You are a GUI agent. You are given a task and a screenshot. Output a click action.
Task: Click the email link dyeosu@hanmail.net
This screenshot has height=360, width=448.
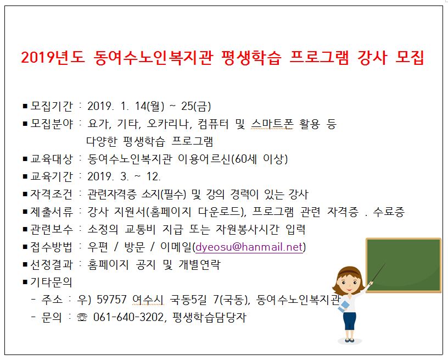coord(249,247)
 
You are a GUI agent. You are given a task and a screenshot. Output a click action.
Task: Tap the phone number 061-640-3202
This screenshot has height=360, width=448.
coord(128,317)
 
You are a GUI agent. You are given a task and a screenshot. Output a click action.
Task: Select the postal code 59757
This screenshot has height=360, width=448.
coord(111,300)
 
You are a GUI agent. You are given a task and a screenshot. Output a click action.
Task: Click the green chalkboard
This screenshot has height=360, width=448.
coord(404,265)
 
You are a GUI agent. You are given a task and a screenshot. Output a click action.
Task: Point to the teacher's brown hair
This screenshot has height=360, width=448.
coord(348,274)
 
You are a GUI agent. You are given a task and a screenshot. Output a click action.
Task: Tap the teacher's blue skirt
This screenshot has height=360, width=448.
coord(349,321)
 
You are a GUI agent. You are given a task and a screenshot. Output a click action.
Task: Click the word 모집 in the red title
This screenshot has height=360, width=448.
coord(410,58)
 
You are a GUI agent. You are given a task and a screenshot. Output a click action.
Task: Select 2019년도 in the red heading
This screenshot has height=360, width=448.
coord(53,58)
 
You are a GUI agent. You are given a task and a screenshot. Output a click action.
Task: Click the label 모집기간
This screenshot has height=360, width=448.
coord(52,106)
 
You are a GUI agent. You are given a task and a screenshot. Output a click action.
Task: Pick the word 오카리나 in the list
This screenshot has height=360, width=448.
coord(168,124)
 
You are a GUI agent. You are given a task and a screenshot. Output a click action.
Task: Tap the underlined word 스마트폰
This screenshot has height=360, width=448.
coord(272,124)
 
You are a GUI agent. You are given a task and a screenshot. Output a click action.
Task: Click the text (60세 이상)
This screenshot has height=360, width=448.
coord(259,159)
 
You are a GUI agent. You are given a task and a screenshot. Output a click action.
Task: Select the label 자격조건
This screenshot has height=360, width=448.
coord(52,194)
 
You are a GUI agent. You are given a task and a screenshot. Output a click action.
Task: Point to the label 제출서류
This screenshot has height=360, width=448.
coord(52,212)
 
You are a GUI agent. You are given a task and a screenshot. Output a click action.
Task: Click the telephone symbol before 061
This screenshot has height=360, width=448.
coord(82,317)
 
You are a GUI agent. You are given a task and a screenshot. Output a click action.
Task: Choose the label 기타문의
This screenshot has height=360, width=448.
coord(52,282)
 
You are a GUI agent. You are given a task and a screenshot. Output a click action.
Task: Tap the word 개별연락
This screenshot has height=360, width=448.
coord(199,264)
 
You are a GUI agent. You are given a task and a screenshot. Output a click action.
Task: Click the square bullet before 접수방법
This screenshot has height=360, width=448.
coord(25,247)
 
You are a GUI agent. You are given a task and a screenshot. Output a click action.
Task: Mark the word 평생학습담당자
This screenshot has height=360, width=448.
coord(209,317)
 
